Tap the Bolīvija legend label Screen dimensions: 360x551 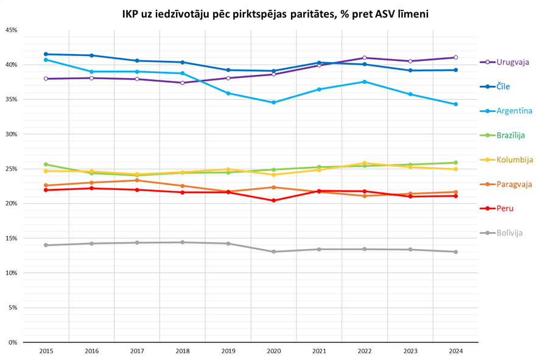coord(510,233)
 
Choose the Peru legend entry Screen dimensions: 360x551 coord(505,208)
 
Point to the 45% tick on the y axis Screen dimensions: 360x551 coord(12,30)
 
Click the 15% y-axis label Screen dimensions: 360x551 coord(12,238)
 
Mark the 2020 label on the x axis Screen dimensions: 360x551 coord(273,351)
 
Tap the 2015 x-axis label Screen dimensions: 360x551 coord(46,351)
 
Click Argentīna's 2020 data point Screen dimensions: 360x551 coord(273,102)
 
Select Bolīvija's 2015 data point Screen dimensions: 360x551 coord(46,245)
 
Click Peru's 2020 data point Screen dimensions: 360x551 coord(273,200)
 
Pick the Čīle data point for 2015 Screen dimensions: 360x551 coord(46,54)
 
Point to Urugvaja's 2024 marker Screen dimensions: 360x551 coord(455,57)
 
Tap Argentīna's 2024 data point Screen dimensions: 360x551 coord(455,104)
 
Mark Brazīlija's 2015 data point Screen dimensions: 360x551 coord(46,164)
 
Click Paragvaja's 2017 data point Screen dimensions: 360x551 coord(137,180)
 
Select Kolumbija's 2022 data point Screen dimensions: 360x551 coord(364,163)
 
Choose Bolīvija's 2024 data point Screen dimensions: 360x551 coord(455,252)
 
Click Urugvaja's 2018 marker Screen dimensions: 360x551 coord(183,83)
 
